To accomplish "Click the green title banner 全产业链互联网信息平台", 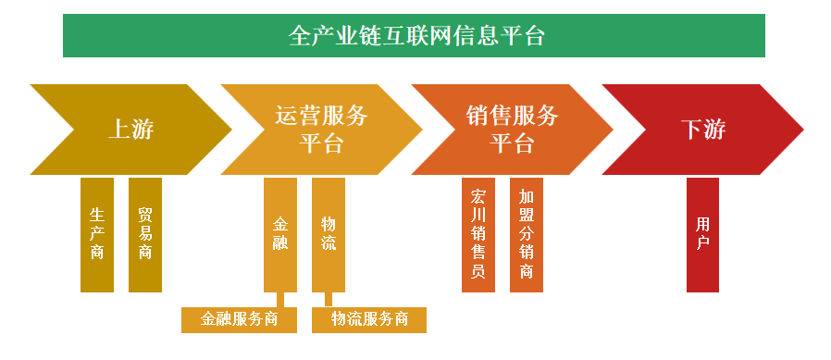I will tap(414, 36).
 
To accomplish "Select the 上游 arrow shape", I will tap(130, 130).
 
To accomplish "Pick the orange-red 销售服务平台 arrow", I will tap(512, 130).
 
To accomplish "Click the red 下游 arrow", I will tap(702, 130).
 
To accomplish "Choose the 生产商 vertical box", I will tap(97, 234).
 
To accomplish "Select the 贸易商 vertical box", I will tap(145, 234).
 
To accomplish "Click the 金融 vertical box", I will tap(280, 234).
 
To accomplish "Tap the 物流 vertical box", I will tap(329, 234).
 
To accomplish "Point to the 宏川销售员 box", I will tap(478, 234).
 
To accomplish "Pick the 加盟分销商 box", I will tap(527, 234).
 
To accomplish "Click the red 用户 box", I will tap(702, 234).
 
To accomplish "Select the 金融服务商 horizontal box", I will tap(240, 319).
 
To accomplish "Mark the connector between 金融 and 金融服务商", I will tap(280, 299).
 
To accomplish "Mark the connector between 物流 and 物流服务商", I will tap(329, 299).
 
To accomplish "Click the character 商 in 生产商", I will tap(97, 253).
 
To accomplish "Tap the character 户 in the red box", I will tap(702, 243).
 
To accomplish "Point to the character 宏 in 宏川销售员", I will tap(478, 196).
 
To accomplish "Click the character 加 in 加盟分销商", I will tap(527, 196).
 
